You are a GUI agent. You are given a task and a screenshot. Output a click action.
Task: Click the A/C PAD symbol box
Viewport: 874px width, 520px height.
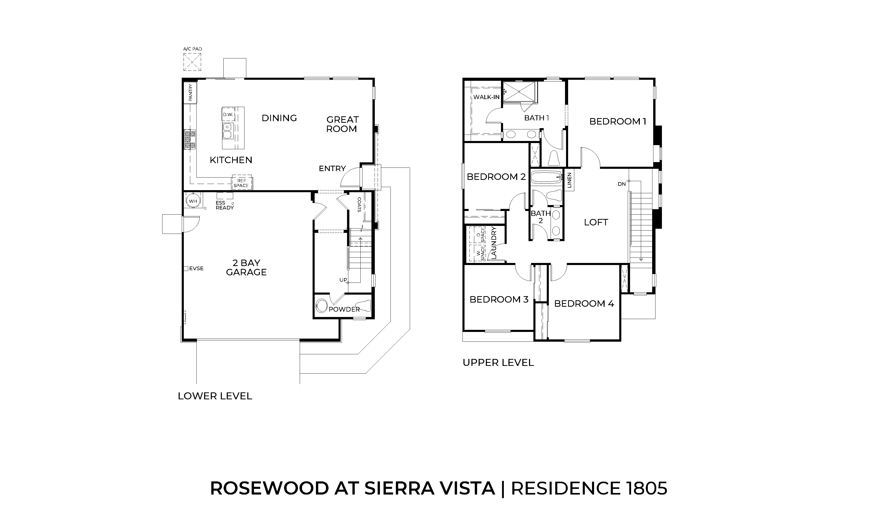[192, 62]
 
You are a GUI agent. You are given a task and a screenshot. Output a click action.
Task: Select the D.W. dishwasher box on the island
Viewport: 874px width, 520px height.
[228, 114]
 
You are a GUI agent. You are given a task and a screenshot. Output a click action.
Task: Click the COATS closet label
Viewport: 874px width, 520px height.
[359, 205]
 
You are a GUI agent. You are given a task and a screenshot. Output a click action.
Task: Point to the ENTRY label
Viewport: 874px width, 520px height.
[332, 169]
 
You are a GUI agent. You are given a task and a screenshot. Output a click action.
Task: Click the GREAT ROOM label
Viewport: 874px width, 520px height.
[342, 124]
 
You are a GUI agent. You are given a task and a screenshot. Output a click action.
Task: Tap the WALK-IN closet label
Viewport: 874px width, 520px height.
[486, 97]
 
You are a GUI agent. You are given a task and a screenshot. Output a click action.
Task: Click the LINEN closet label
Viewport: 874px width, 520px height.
[569, 180]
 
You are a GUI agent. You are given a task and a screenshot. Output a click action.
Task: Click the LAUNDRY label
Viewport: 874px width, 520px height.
[494, 243]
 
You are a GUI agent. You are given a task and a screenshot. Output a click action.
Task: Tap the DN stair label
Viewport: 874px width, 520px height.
[622, 184]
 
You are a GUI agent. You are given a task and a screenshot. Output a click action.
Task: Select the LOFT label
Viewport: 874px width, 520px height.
[596, 222]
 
